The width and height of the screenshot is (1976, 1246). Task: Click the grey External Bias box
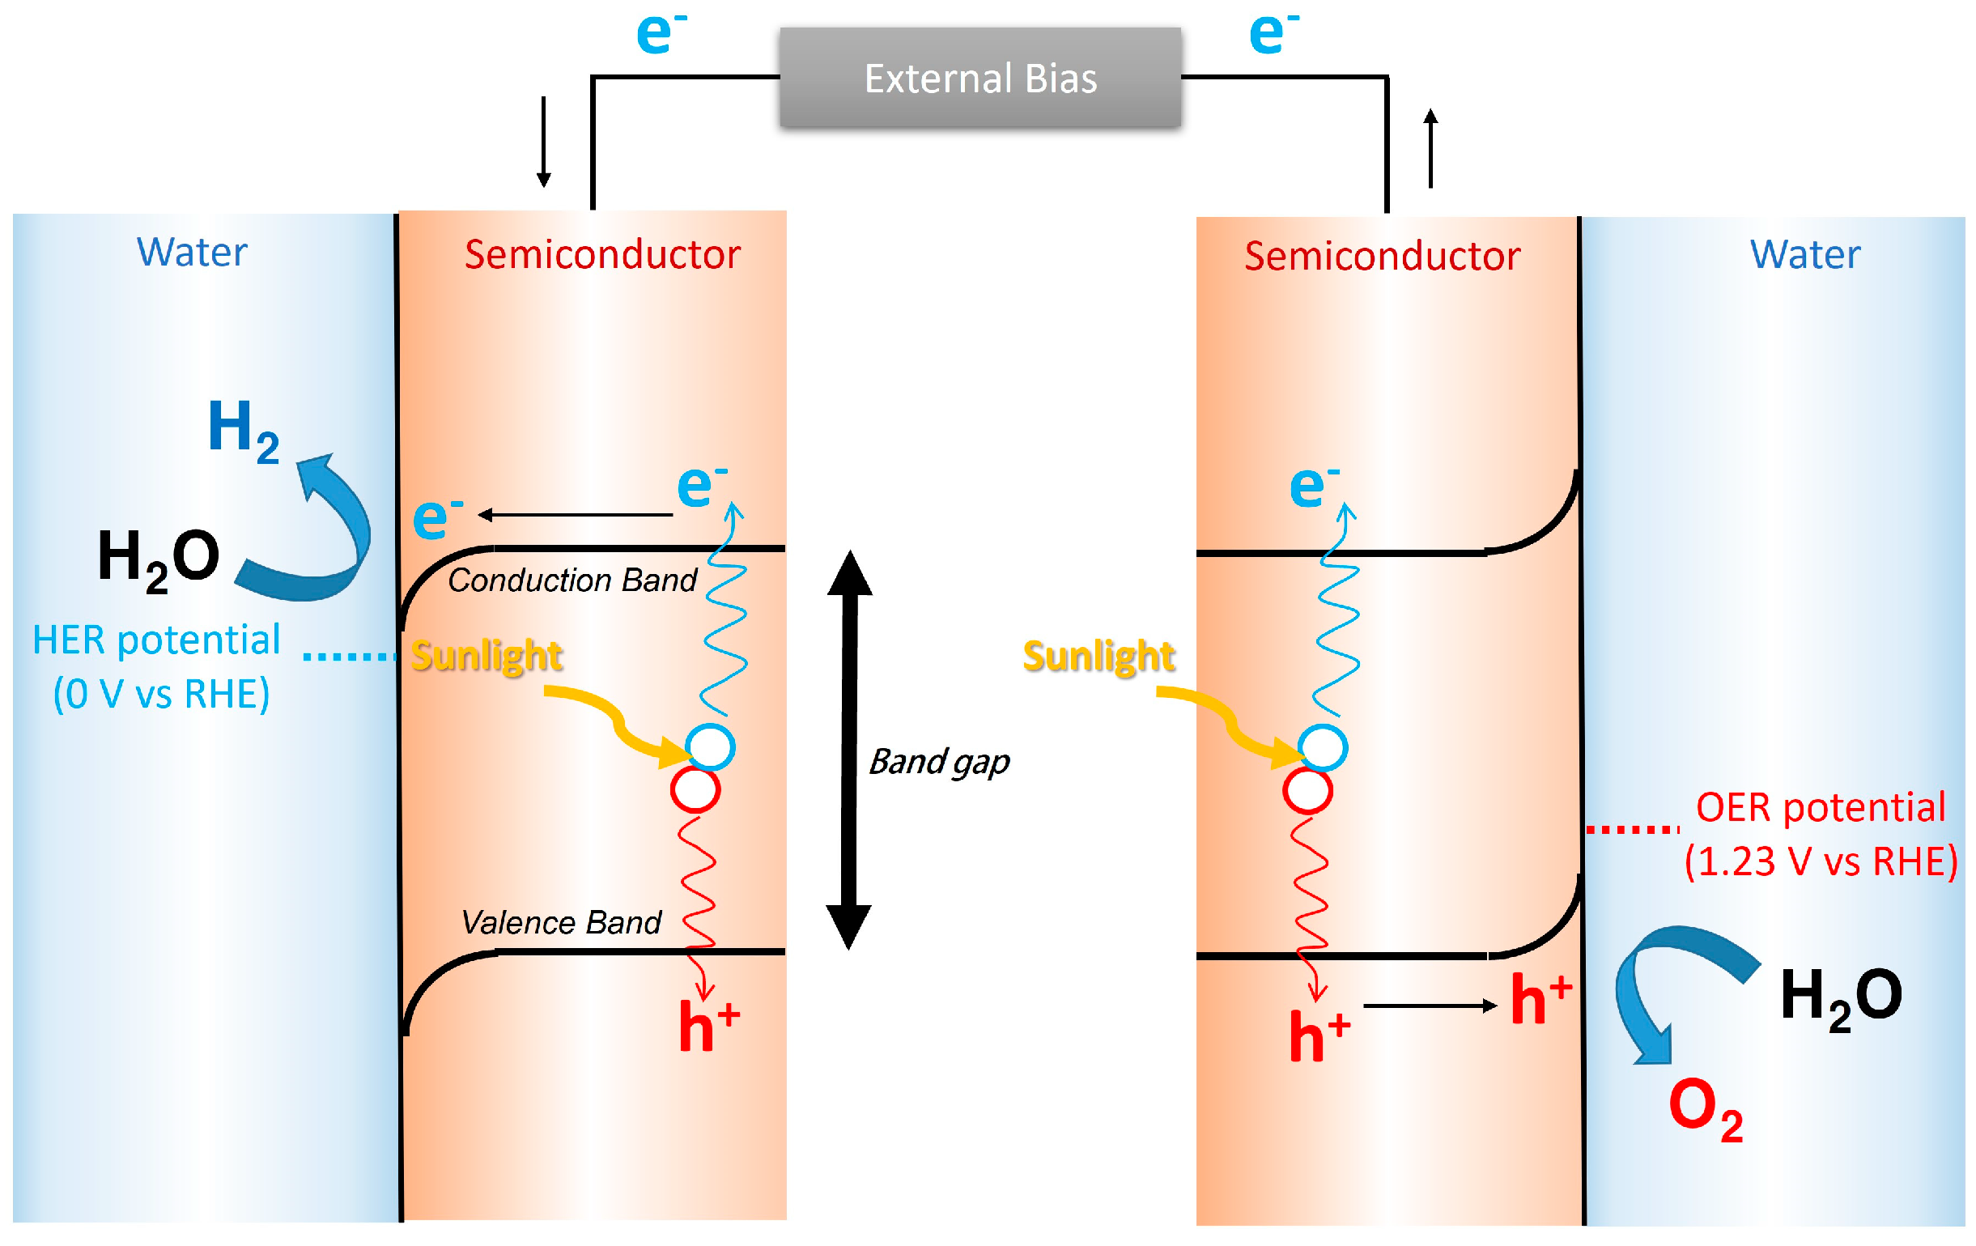point(980,78)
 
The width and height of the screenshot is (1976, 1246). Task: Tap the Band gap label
point(939,762)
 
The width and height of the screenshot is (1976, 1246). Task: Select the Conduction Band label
point(572,580)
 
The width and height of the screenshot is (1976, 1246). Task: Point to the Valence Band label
point(561,923)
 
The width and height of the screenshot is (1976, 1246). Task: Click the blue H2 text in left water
point(242,431)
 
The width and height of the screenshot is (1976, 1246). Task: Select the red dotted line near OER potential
point(1632,830)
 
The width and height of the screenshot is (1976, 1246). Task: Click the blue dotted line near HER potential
point(349,656)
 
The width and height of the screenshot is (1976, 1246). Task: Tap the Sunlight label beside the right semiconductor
point(1098,656)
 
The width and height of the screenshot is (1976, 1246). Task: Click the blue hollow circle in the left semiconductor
point(710,747)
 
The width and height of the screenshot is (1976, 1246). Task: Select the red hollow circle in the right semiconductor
point(1307,790)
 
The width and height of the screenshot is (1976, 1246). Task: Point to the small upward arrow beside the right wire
point(1430,147)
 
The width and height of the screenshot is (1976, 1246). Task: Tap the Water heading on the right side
point(1804,254)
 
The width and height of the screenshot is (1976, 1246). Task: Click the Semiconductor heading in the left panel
point(602,254)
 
